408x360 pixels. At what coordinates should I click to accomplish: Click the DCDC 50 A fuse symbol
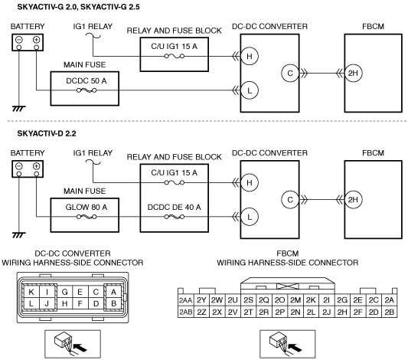[x=86, y=90]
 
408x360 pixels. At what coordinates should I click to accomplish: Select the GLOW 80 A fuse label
[x=86, y=208]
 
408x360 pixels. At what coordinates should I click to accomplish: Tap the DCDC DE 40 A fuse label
[x=174, y=208]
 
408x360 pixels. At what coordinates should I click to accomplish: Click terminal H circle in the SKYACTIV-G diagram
[x=250, y=56]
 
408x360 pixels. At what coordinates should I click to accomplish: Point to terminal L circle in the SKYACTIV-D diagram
[x=250, y=217]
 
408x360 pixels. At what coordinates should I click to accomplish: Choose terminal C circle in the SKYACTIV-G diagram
[x=290, y=73]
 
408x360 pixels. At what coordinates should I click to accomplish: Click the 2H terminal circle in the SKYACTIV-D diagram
[x=353, y=200]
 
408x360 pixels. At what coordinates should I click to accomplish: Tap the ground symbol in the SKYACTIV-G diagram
[x=19, y=109]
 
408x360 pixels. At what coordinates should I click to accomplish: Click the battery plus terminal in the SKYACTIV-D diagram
[x=37, y=166]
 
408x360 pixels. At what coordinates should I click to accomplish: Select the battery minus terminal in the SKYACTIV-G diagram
[x=19, y=40]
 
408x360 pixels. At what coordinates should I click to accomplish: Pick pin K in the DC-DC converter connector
[x=31, y=292]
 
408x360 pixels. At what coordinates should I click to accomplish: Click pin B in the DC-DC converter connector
[x=113, y=303]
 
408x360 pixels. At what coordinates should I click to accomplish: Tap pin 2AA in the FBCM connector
[x=185, y=300]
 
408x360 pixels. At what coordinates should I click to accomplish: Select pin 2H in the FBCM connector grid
[x=342, y=312]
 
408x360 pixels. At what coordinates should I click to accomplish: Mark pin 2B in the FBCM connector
[x=390, y=312]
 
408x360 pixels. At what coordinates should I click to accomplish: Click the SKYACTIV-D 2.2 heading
[x=47, y=134]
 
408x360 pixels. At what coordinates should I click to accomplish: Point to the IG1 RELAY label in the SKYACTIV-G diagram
[x=93, y=26]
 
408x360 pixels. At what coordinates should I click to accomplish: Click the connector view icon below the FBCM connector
[x=288, y=344]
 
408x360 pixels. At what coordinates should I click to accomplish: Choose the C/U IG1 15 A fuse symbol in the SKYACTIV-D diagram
[x=175, y=183]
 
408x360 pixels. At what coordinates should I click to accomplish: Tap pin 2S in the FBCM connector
[x=249, y=300]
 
